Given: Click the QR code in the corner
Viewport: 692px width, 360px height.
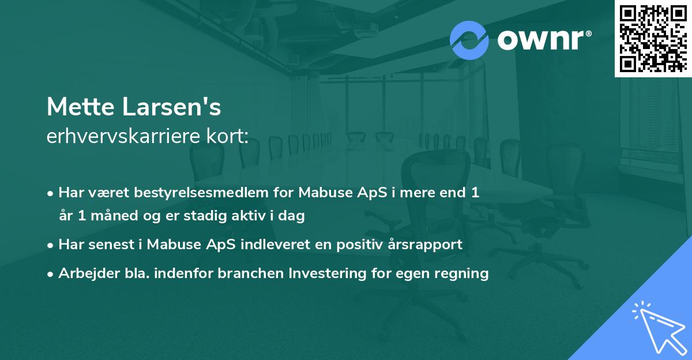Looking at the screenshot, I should point(653,38).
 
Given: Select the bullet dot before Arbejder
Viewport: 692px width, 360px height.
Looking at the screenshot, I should point(51,273).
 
